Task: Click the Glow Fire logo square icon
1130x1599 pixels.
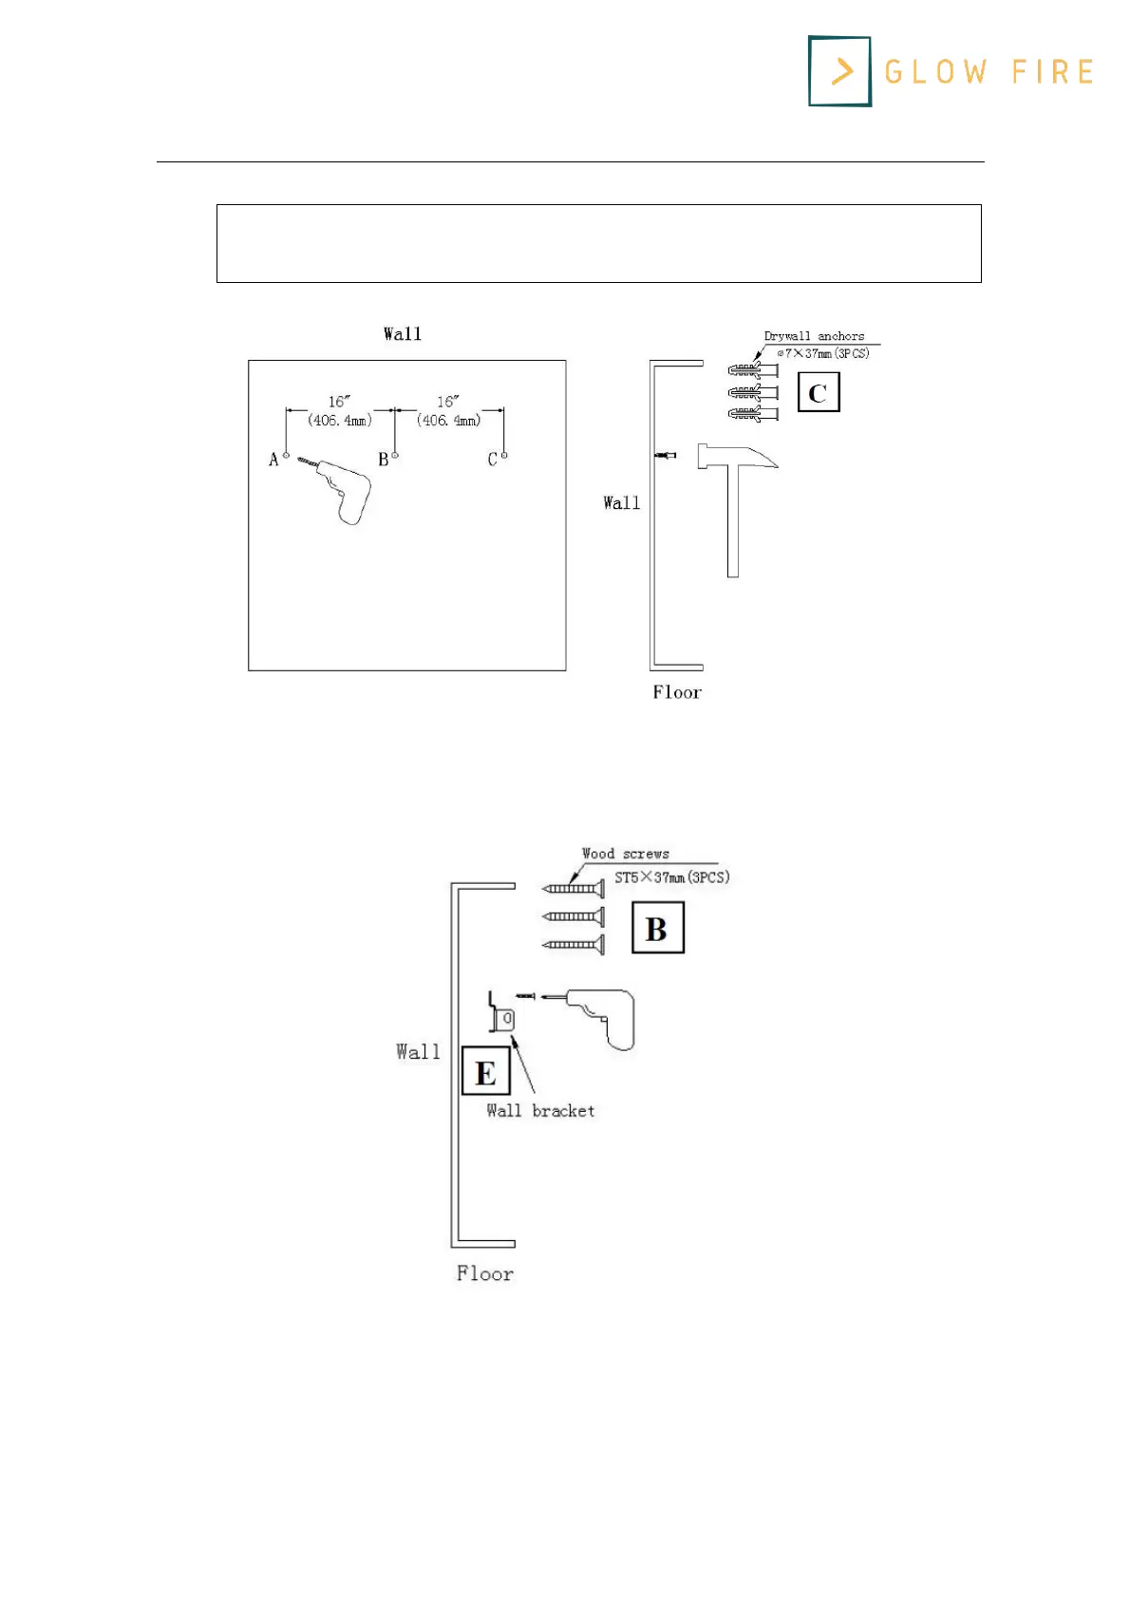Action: pyautogui.click(x=839, y=71)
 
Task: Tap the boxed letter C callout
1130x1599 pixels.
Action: pyautogui.click(x=819, y=393)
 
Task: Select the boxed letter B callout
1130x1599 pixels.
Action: pyautogui.click(x=657, y=929)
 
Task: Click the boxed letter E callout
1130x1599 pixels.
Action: pyautogui.click(x=485, y=1072)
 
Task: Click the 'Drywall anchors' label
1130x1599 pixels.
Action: pyautogui.click(x=814, y=336)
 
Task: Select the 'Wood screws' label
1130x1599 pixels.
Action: pyautogui.click(x=625, y=854)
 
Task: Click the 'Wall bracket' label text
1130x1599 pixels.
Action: pyautogui.click(x=540, y=1111)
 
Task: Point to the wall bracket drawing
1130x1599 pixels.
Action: pyautogui.click(x=501, y=1014)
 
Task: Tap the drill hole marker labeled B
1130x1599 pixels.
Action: pyautogui.click(x=395, y=456)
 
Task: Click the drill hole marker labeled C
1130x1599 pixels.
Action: pyautogui.click(x=504, y=456)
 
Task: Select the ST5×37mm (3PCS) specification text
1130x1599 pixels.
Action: pyautogui.click(x=671, y=877)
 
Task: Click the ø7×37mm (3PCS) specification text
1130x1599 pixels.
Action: pyautogui.click(x=822, y=353)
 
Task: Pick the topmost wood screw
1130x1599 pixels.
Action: pyautogui.click(x=574, y=889)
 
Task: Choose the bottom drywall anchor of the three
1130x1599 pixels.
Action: pyautogui.click(x=752, y=414)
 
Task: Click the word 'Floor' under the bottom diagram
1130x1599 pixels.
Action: pyautogui.click(x=484, y=1273)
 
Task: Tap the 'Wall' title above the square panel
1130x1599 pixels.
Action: pyautogui.click(x=403, y=334)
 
